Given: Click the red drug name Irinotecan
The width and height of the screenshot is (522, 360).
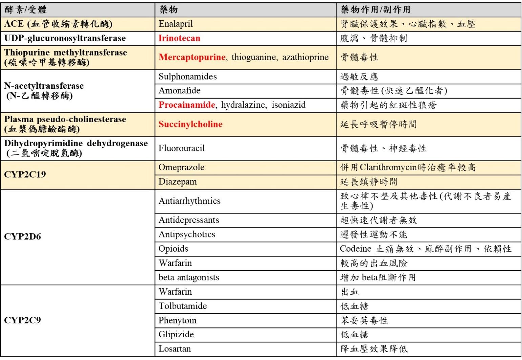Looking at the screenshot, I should click(179, 38).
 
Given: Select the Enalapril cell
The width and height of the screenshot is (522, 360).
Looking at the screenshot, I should click(175, 24).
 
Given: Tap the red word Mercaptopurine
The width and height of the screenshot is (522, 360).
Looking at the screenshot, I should click(192, 57).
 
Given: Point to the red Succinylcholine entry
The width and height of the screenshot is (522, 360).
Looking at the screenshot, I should click(190, 124).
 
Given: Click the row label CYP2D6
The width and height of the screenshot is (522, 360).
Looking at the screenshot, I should click(22, 236).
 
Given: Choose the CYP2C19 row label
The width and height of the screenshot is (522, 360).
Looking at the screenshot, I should click(25, 174).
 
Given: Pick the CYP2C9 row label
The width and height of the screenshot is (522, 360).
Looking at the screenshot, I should click(22, 320).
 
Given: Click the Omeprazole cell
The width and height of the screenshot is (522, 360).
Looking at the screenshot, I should click(182, 167).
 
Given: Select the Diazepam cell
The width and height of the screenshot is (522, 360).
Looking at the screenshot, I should click(178, 182).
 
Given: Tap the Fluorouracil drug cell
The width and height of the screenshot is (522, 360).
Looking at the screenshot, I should click(182, 148).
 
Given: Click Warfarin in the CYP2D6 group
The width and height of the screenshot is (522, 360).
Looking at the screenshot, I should click(175, 263).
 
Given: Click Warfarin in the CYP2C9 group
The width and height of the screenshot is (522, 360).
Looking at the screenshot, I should click(175, 292).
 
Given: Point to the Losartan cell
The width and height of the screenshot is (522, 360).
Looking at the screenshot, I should click(174, 348).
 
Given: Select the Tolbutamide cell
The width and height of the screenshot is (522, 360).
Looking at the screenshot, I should click(183, 306).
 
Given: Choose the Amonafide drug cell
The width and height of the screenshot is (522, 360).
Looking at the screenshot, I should click(180, 90).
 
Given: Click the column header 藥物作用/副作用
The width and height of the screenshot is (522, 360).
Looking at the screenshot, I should click(375, 9).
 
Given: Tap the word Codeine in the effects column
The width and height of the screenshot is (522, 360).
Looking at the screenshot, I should click(356, 249).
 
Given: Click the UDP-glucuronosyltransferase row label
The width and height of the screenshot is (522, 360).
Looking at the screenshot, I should click(65, 38).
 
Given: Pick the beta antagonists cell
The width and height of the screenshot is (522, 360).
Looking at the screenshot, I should click(189, 277).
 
